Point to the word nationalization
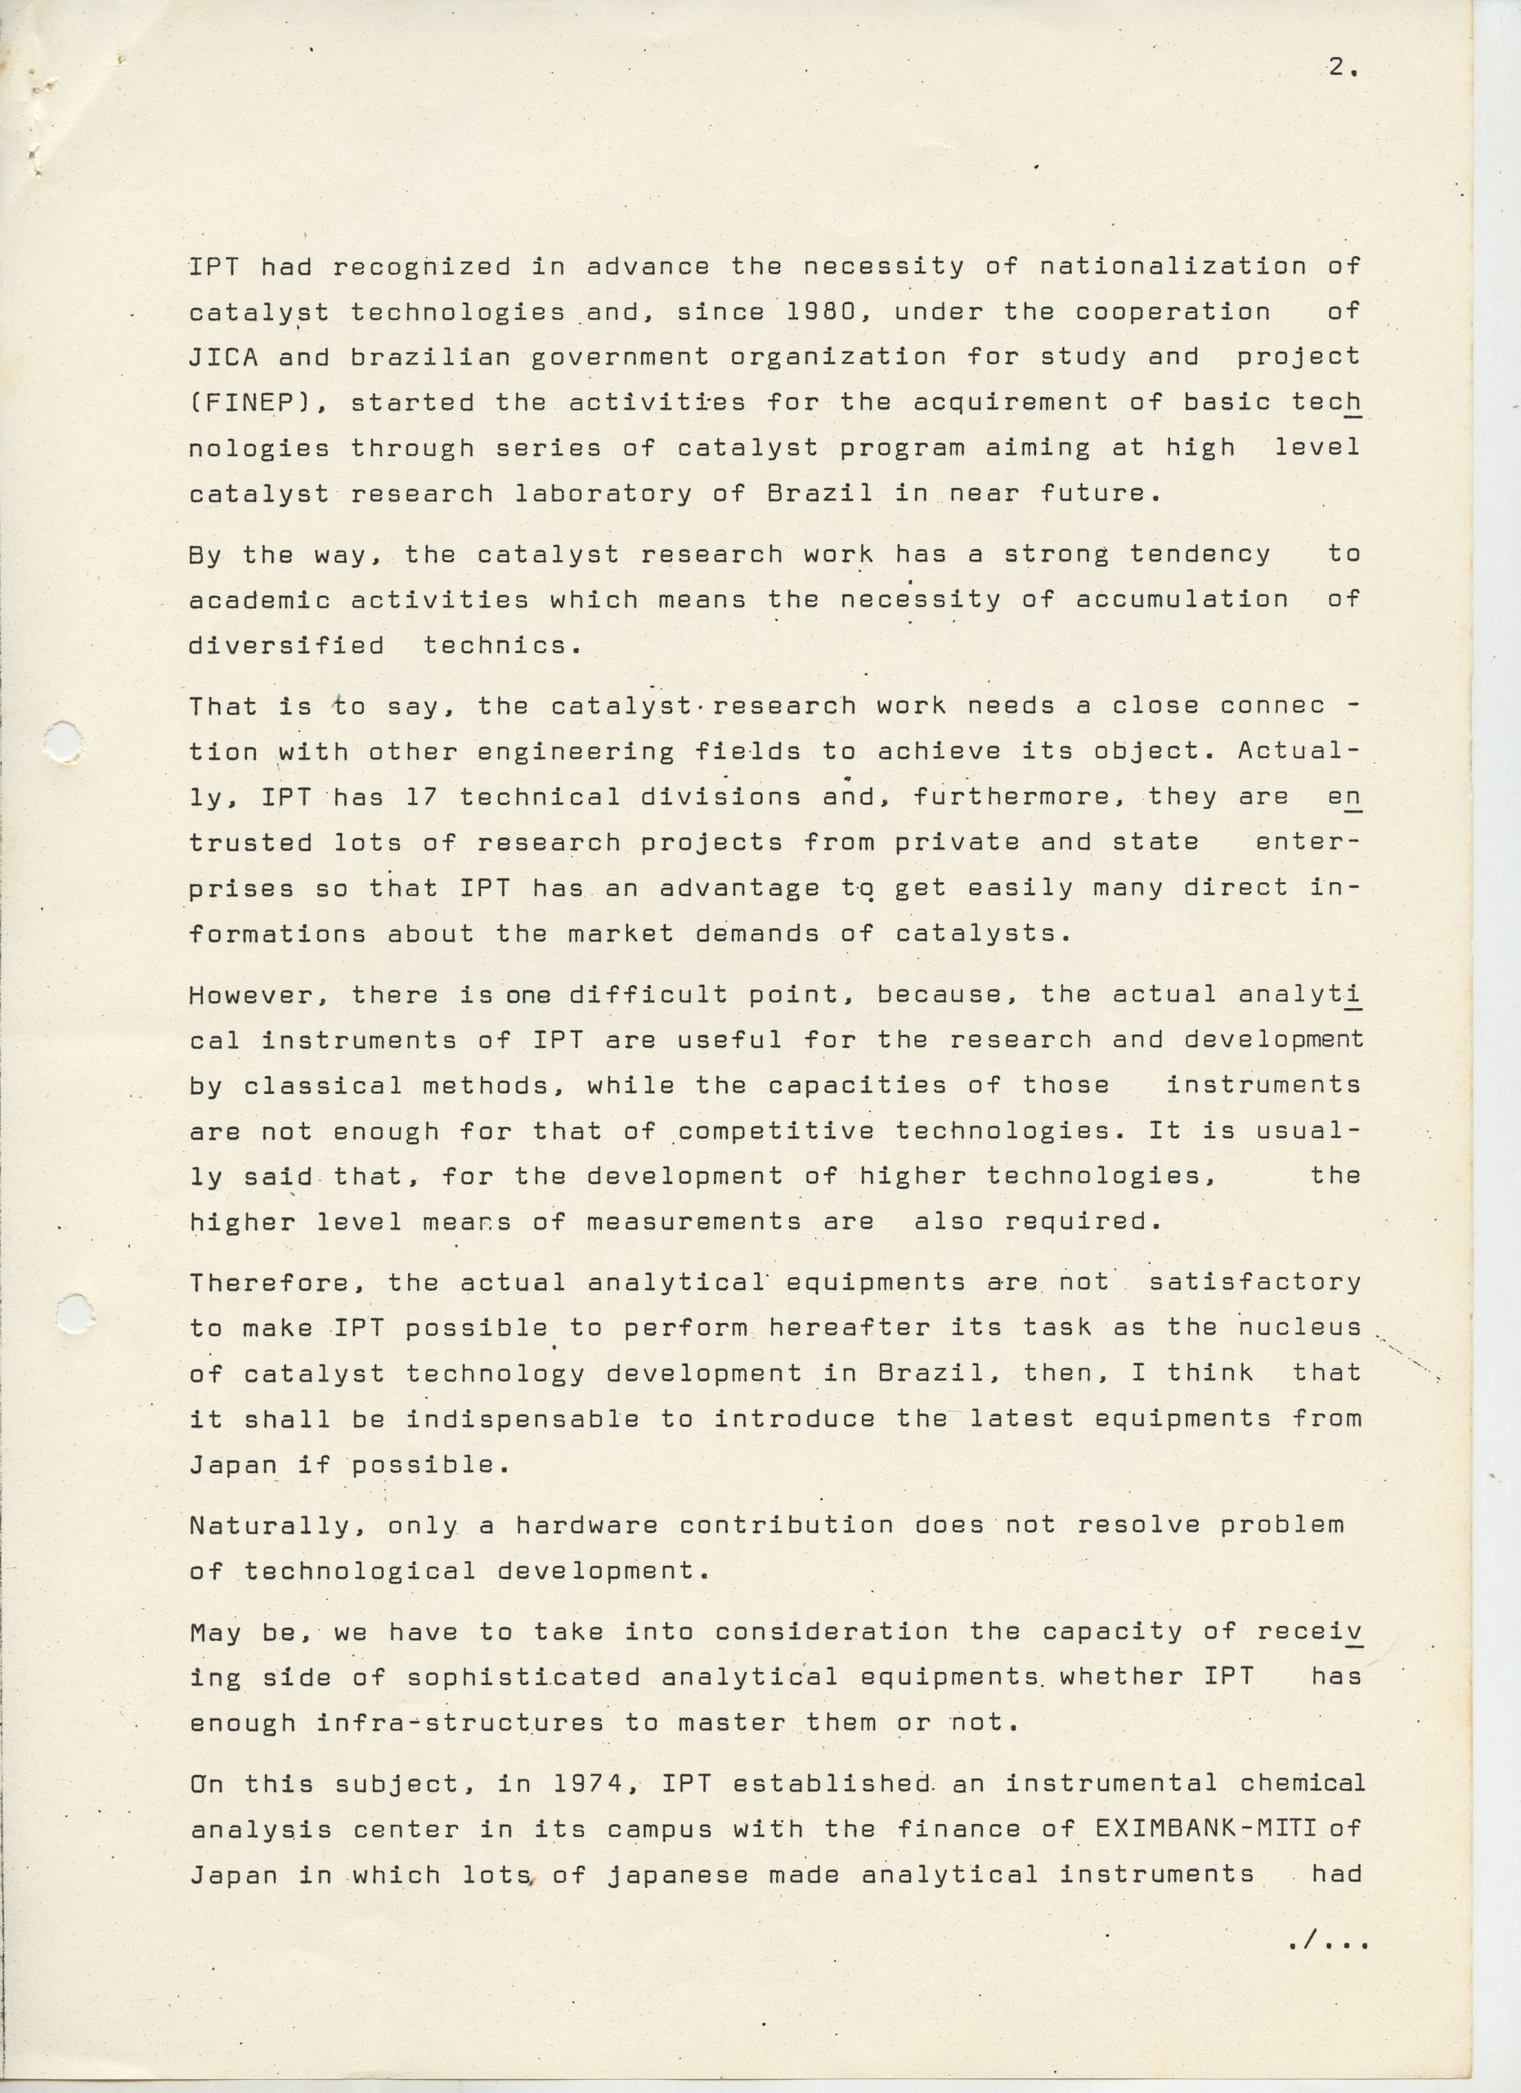(1172, 267)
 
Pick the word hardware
(586, 1525)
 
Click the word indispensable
(523, 1418)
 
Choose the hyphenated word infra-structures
(460, 1722)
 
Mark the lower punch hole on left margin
(74, 1313)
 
